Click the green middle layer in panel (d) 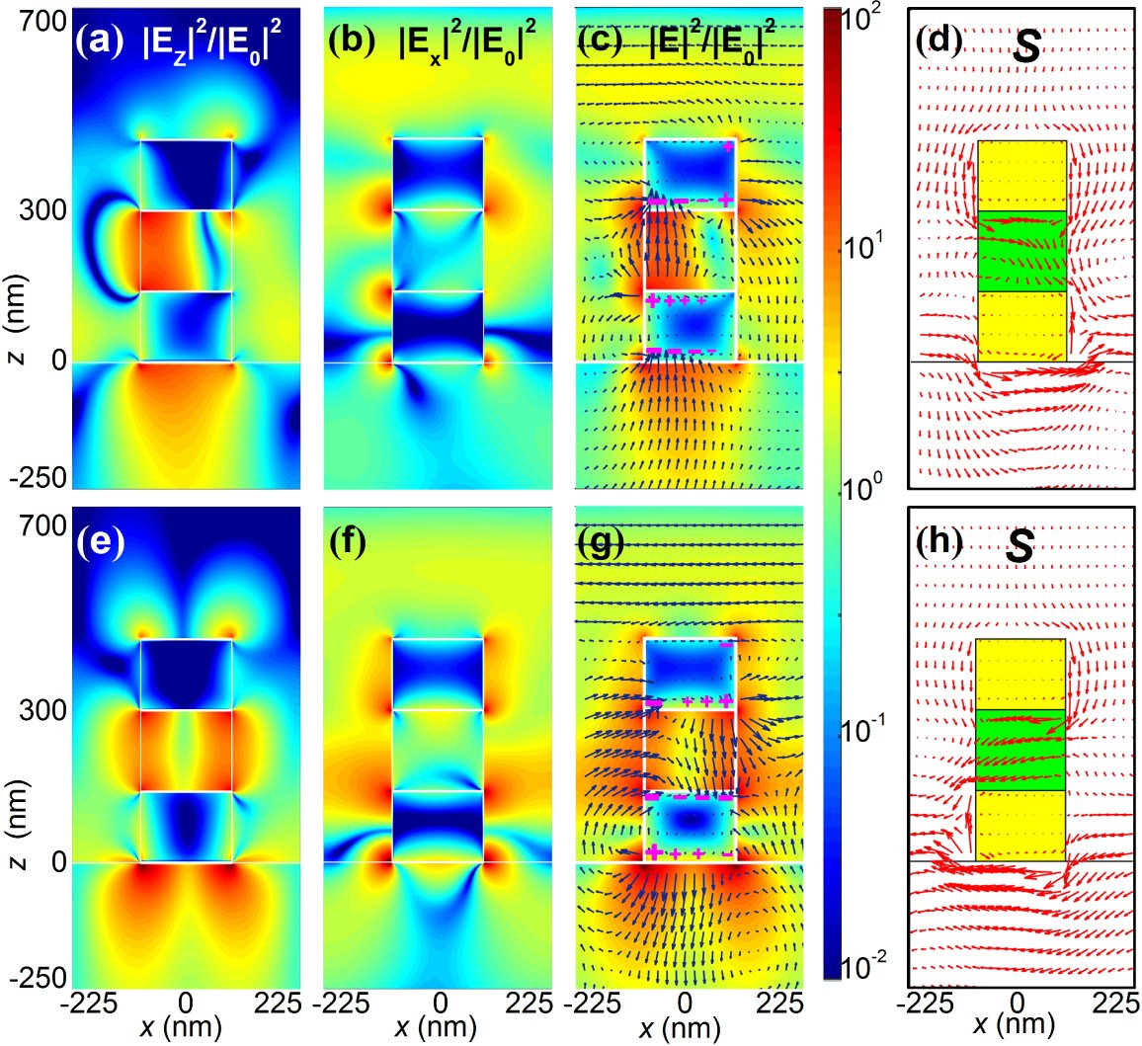pyautogui.click(x=1021, y=252)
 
